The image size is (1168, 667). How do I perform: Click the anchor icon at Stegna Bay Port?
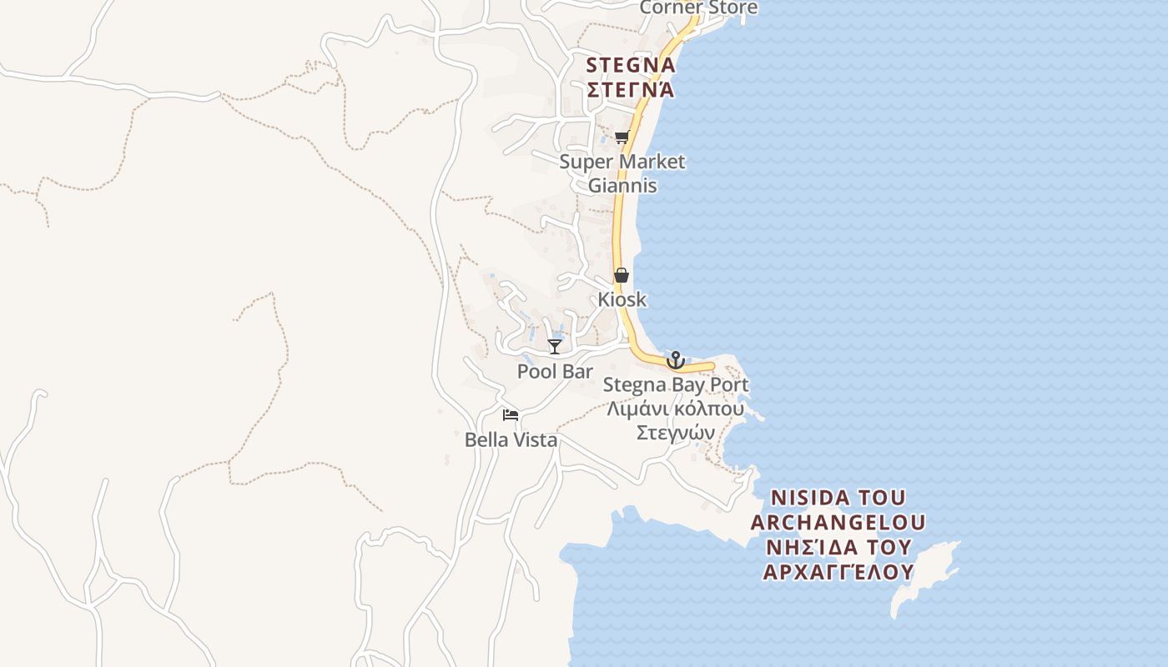(x=676, y=361)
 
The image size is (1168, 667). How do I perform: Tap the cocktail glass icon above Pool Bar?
(x=555, y=346)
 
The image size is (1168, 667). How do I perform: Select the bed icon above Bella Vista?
(x=511, y=414)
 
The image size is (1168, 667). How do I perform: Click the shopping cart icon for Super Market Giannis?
(x=622, y=138)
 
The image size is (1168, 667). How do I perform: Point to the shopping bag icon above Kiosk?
(x=622, y=275)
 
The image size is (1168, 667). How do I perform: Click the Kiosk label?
(x=622, y=299)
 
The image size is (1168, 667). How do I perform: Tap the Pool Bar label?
(x=555, y=371)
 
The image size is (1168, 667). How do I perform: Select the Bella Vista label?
(x=511, y=439)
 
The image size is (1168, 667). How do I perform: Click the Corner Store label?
(x=698, y=8)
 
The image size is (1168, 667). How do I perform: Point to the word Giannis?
(x=622, y=185)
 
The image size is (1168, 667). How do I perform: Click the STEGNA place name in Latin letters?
(x=631, y=65)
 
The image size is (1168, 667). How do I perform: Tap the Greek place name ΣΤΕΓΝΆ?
(x=631, y=89)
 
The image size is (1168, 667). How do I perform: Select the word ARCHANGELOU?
(x=838, y=523)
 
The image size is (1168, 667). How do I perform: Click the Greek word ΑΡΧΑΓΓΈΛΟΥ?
(x=838, y=572)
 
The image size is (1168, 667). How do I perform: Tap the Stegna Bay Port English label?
(x=676, y=385)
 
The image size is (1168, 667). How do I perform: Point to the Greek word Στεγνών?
(x=676, y=433)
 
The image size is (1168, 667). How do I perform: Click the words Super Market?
(x=622, y=162)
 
